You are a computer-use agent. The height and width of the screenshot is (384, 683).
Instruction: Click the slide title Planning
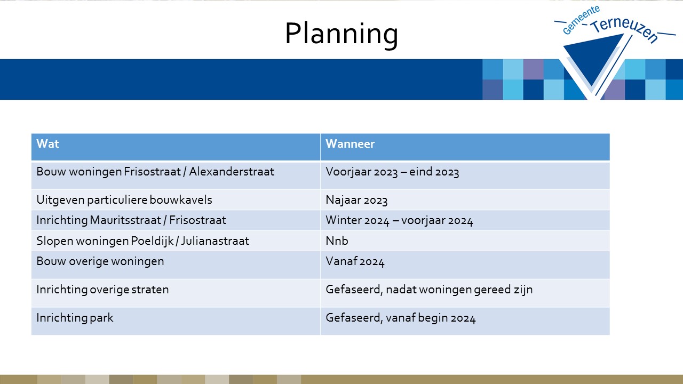[341, 34]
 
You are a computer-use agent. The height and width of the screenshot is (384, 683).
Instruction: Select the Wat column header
[48, 143]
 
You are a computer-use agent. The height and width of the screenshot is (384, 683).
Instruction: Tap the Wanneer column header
[350, 143]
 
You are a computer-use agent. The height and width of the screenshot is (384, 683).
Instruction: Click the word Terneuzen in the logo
[624, 29]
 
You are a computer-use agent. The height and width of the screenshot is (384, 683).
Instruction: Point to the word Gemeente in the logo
[581, 20]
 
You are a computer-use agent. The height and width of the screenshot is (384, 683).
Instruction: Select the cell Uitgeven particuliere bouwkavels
[124, 200]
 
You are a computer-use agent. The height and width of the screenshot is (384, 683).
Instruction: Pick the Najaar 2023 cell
[356, 200]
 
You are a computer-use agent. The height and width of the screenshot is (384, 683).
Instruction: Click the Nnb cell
[337, 241]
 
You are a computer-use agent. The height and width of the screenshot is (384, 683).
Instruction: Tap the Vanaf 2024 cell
[355, 261]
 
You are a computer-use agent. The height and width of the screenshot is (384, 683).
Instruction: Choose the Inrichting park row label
[75, 318]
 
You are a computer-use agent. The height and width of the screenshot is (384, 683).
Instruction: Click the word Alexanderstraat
[232, 172]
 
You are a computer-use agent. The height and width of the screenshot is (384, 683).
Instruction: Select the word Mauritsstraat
[125, 220]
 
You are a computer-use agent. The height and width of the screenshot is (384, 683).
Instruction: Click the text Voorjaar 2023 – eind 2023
[392, 172]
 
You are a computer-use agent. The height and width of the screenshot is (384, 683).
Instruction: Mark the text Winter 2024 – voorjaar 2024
[399, 220]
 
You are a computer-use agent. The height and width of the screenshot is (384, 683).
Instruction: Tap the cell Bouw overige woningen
[100, 261]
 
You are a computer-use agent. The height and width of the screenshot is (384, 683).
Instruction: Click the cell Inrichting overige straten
[102, 290]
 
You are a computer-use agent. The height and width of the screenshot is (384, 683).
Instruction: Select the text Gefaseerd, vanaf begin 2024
[400, 318]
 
